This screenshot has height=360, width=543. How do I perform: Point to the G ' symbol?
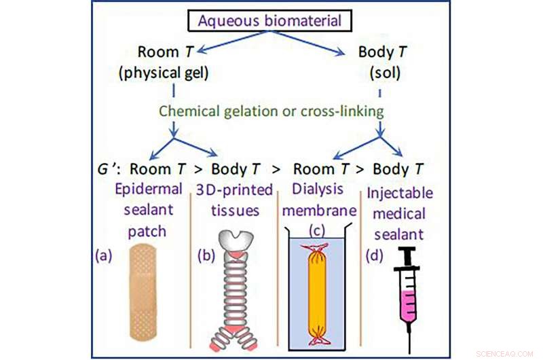(111, 168)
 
